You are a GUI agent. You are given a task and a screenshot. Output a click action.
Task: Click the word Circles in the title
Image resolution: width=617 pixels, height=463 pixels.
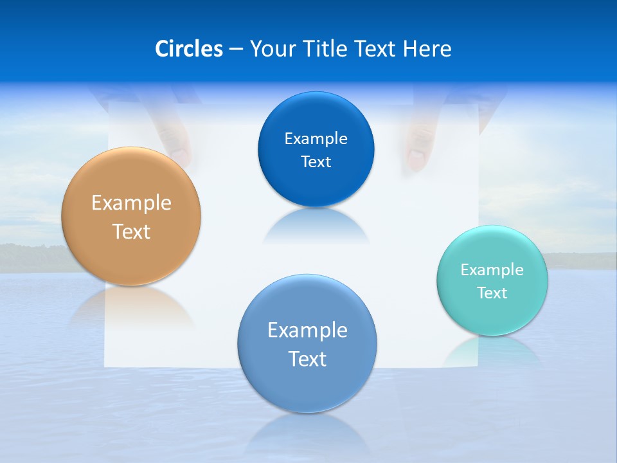point(188,49)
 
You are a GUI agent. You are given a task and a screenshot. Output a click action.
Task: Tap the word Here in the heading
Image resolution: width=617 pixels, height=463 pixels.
point(427,49)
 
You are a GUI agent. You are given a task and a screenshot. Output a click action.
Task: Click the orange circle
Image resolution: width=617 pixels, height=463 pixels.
point(131,216)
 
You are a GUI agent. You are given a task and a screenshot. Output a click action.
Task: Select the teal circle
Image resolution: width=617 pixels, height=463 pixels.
point(492,280)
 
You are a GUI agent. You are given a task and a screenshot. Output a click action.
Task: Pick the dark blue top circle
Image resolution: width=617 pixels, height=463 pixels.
point(316,149)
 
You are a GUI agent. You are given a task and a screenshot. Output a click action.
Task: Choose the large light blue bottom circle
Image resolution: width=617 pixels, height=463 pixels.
point(307,343)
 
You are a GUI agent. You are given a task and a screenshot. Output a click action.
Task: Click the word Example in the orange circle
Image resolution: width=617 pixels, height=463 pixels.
point(131,203)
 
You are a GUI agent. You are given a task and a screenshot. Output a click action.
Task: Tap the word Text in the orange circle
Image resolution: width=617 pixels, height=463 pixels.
point(131,232)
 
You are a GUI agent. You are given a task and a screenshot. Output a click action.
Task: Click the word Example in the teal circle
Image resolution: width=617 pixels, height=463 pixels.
point(492,269)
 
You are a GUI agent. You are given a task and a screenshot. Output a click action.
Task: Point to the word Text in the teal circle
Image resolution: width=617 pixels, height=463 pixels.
point(492,293)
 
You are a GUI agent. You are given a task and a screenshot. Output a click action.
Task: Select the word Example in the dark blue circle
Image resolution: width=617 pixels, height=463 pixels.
point(316,138)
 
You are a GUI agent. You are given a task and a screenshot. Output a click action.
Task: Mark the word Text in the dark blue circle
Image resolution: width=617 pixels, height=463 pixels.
point(316,161)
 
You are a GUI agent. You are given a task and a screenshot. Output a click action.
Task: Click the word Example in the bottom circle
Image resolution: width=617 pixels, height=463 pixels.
point(307,330)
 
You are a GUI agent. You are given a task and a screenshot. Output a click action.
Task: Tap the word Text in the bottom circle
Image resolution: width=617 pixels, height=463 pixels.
point(307,359)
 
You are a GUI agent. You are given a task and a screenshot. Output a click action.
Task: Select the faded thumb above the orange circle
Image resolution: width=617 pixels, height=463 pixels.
point(172,138)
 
